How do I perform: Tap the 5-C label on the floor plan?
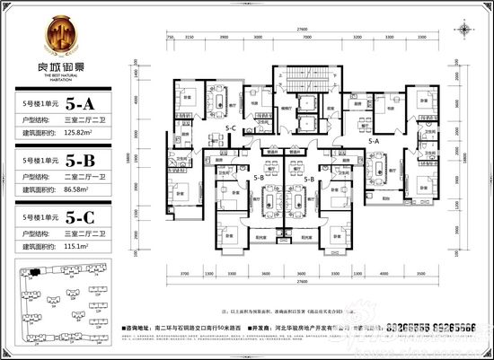231,128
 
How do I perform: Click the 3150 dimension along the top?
190,39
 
